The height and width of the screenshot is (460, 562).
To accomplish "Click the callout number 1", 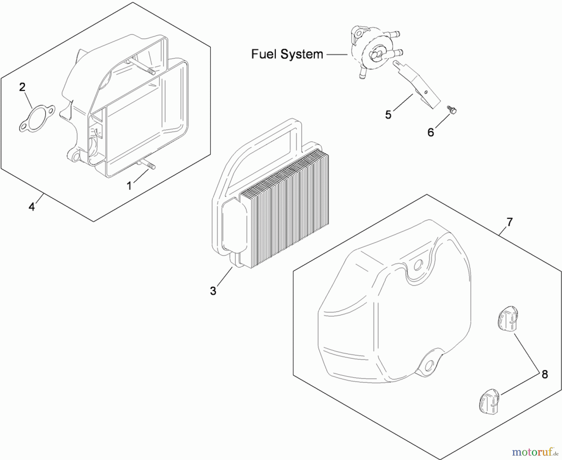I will coord(129,186).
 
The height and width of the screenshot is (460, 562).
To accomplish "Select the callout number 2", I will coord(22,87).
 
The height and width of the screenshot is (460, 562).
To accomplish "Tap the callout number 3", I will coord(213,291).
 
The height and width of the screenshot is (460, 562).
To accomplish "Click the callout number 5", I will coord(388,115).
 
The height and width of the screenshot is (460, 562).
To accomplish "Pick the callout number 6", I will coord(431,133).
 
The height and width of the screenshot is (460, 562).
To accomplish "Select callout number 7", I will coord(509,222).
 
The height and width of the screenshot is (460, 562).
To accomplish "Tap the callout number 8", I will coord(545,374).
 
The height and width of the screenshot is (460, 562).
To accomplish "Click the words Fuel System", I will coord(287,54).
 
